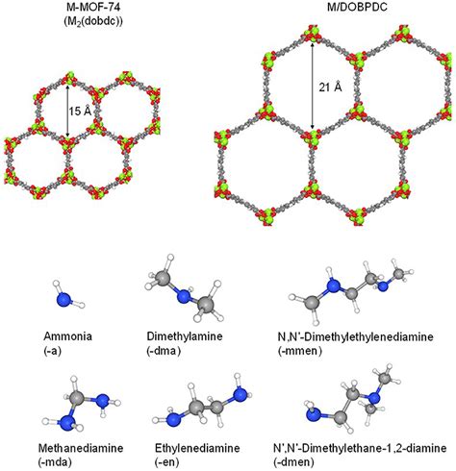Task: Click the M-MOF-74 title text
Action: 93,7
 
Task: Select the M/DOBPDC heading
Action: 357,7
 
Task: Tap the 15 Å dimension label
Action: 80,111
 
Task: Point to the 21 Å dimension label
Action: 330,87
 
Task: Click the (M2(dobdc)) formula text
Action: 93,21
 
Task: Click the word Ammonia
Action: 68,336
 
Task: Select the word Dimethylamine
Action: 185,336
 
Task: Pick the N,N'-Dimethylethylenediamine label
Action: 355,336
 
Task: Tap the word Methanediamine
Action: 81,448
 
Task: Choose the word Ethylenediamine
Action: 197,448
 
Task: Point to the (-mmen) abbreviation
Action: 299,351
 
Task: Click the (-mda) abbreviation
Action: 55,462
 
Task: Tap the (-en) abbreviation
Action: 166,462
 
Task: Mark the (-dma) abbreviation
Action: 164,351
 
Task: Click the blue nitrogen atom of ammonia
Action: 63,300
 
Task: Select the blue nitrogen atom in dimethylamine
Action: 184,296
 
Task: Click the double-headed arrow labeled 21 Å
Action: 312,86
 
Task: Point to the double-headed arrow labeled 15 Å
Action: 67,111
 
